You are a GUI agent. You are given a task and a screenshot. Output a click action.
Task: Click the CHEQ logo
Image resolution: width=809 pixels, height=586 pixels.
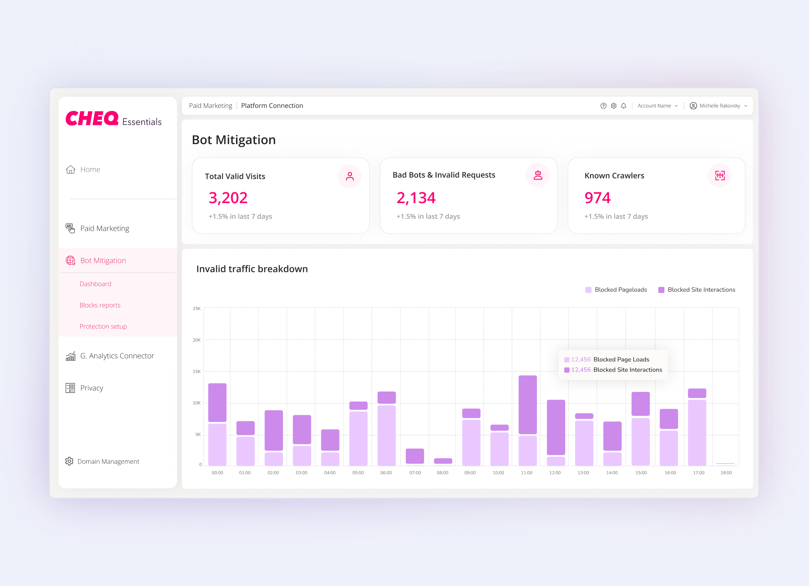(x=92, y=119)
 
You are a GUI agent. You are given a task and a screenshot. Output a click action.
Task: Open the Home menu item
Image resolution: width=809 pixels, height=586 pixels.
(x=90, y=169)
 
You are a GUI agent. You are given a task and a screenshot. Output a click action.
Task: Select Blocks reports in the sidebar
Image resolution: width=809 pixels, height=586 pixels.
(x=100, y=305)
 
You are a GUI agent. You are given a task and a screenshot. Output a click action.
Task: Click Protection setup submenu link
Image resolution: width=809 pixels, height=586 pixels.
(x=103, y=326)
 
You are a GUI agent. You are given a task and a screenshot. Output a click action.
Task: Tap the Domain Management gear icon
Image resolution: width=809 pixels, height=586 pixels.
(x=69, y=461)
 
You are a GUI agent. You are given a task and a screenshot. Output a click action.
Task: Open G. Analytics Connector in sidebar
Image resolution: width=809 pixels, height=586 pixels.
(x=117, y=356)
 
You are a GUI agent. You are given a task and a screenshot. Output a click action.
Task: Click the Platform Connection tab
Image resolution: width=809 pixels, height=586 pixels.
(x=272, y=106)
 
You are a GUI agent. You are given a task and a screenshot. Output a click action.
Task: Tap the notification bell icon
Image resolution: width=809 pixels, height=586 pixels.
(x=623, y=106)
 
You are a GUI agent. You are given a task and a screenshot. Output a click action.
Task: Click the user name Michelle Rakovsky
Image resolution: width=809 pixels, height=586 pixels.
(x=719, y=106)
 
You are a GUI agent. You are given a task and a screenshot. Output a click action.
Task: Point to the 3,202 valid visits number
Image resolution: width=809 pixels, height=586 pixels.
(x=228, y=198)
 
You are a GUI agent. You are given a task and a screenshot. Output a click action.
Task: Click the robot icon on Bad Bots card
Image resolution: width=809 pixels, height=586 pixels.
(x=538, y=175)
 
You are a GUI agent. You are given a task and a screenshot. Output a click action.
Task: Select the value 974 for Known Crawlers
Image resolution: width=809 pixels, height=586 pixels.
(x=597, y=198)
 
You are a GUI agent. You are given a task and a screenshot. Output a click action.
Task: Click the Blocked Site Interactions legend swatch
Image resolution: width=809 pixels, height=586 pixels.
(x=661, y=290)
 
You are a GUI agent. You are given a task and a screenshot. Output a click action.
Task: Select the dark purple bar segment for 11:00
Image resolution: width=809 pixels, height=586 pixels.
(x=527, y=404)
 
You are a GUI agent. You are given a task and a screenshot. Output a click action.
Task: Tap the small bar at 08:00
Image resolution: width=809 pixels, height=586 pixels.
(x=443, y=461)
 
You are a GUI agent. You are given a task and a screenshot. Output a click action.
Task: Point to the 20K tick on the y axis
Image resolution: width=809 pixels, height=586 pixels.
(x=197, y=340)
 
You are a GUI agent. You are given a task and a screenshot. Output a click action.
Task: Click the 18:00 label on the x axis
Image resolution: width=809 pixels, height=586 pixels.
(x=726, y=473)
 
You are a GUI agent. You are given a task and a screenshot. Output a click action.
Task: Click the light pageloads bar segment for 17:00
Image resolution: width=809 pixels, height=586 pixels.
(x=697, y=432)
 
